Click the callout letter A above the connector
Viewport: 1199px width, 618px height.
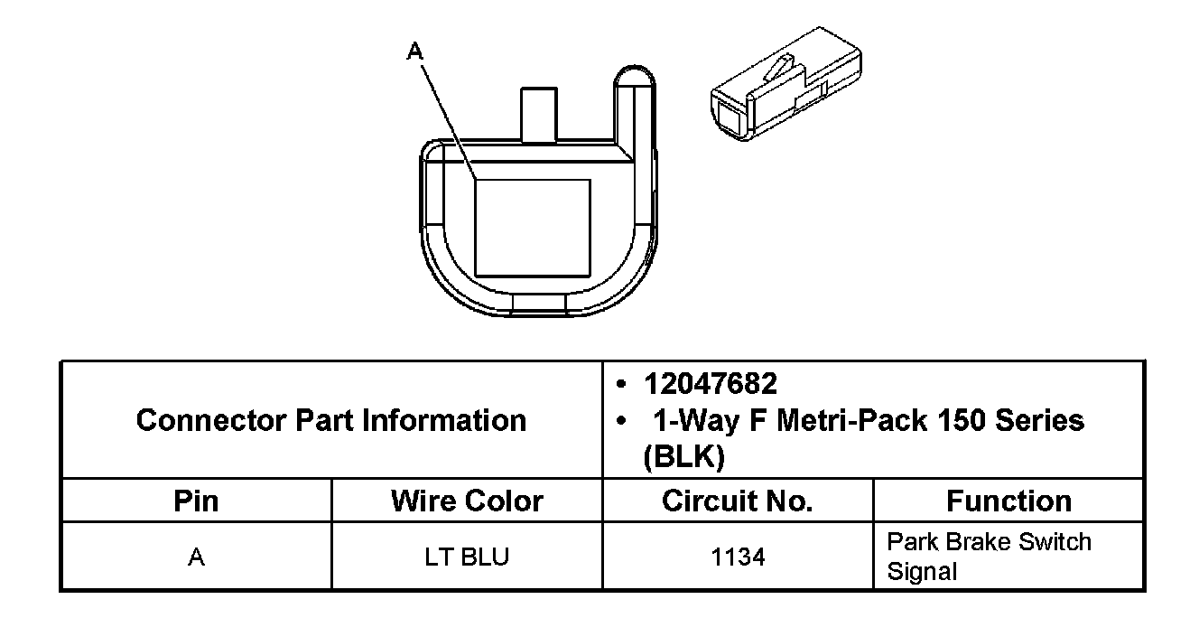pyautogui.click(x=414, y=51)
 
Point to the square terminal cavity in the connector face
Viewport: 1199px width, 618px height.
pyautogui.click(x=533, y=228)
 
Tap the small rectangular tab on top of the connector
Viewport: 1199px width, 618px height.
pyautogui.click(x=539, y=115)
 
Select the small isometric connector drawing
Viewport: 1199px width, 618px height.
pyautogui.click(x=786, y=83)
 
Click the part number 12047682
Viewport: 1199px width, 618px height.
pyautogui.click(x=711, y=384)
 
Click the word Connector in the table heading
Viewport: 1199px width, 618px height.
pyautogui.click(x=211, y=420)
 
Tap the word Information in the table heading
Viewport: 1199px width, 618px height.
pyautogui.click(x=444, y=420)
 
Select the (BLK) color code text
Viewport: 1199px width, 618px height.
pyautogui.click(x=684, y=457)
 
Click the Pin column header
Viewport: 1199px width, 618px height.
pyautogui.click(x=196, y=501)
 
